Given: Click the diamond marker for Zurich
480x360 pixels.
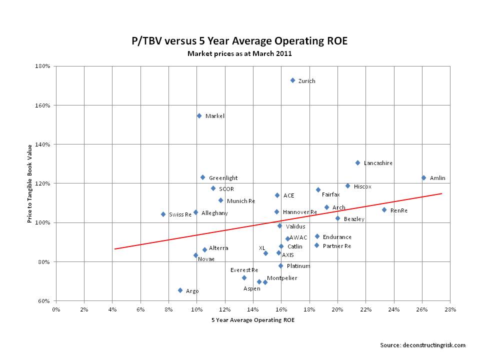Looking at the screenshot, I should (x=293, y=80).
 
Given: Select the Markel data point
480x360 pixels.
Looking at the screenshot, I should (x=199, y=115).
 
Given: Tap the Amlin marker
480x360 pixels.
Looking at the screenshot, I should (x=423, y=177).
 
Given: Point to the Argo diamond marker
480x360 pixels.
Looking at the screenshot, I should (x=180, y=290).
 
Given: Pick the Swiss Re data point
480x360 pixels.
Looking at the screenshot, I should (x=163, y=214).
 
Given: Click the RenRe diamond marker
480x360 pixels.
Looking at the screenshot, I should (x=384, y=210).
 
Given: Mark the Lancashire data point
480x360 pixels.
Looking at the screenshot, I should (x=357, y=162).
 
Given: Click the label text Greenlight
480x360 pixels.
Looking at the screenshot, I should (x=223, y=178).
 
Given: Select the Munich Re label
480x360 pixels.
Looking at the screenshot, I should (x=240, y=201).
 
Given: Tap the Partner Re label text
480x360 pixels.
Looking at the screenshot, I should (x=336, y=246).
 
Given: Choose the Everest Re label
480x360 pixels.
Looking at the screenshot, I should (x=244, y=270).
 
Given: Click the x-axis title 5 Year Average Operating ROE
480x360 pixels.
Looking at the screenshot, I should (x=253, y=320).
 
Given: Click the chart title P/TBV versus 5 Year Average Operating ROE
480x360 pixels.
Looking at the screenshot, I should (x=239, y=41).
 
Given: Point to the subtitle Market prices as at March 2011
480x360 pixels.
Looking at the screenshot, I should (x=239, y=53).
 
